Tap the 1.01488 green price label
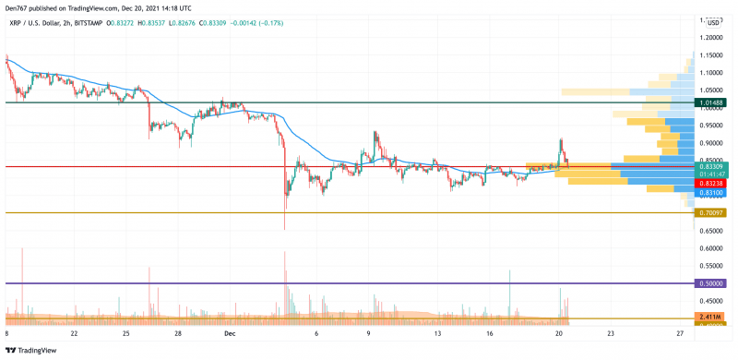tap(711, 102)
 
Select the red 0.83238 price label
tap(711, 184)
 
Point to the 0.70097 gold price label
tap(711, 213)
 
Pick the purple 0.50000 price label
tap(711, 283)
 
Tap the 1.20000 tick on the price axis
tap(711, 38)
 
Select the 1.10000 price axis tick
tap(711, 72)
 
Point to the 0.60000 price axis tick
tap(711, 248)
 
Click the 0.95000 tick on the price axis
tap(711, 125)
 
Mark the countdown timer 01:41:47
tap(711, 174)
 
